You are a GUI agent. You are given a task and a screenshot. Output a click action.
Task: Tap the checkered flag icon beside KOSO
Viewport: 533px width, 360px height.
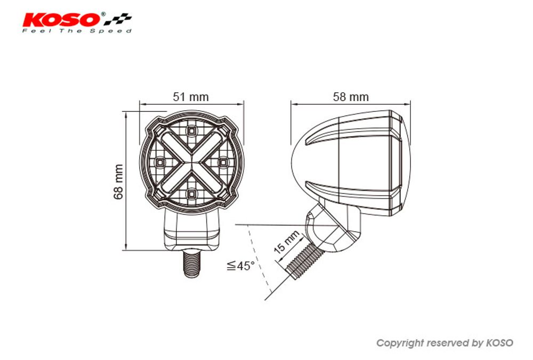(118, 20)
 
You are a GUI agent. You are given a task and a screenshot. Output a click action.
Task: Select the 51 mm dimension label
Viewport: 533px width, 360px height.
(191, 97)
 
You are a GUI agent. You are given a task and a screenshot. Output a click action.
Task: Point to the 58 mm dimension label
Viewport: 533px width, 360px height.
(351, 97)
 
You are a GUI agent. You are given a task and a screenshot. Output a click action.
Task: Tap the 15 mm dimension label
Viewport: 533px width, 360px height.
(287, 242)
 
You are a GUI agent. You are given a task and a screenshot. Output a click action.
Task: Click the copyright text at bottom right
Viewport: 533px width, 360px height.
(445, 343)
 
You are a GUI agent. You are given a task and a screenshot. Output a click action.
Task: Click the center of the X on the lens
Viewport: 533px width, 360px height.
(191, 161)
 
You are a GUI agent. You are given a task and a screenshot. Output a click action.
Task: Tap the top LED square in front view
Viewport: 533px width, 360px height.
(191, 130)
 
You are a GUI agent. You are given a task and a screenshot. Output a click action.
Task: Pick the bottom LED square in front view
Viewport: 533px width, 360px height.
(191, 193)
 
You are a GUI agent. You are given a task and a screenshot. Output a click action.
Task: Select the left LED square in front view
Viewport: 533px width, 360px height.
(160, 161)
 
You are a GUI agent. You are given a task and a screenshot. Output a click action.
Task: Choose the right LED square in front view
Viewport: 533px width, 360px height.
(223, 161)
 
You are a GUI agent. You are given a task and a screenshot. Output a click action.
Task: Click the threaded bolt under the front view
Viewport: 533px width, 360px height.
(191, 263)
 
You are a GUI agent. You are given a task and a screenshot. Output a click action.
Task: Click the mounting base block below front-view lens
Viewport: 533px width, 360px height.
(191, 229)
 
